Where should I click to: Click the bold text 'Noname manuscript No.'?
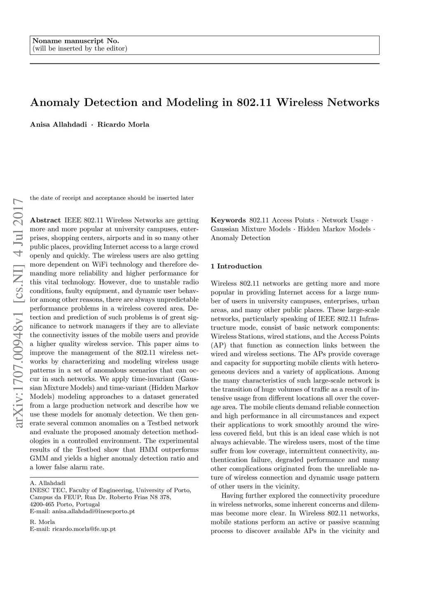point(75,41)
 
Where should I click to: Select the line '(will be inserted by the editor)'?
point(80,49)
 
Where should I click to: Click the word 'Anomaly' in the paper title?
point(55,102)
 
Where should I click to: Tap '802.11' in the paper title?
point(254,102)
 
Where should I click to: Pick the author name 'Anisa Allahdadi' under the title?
point(59,124)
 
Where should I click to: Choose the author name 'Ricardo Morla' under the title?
point(123,124)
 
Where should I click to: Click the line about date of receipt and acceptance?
point(112,198)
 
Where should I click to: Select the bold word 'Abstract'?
point(45,220)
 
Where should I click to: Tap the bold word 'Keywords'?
point(228,220)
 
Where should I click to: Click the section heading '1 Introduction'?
point(236,266)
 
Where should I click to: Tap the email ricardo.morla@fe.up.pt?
point(73,529)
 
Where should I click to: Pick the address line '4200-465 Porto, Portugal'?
point(65,504)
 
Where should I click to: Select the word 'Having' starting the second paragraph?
point(232,496)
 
